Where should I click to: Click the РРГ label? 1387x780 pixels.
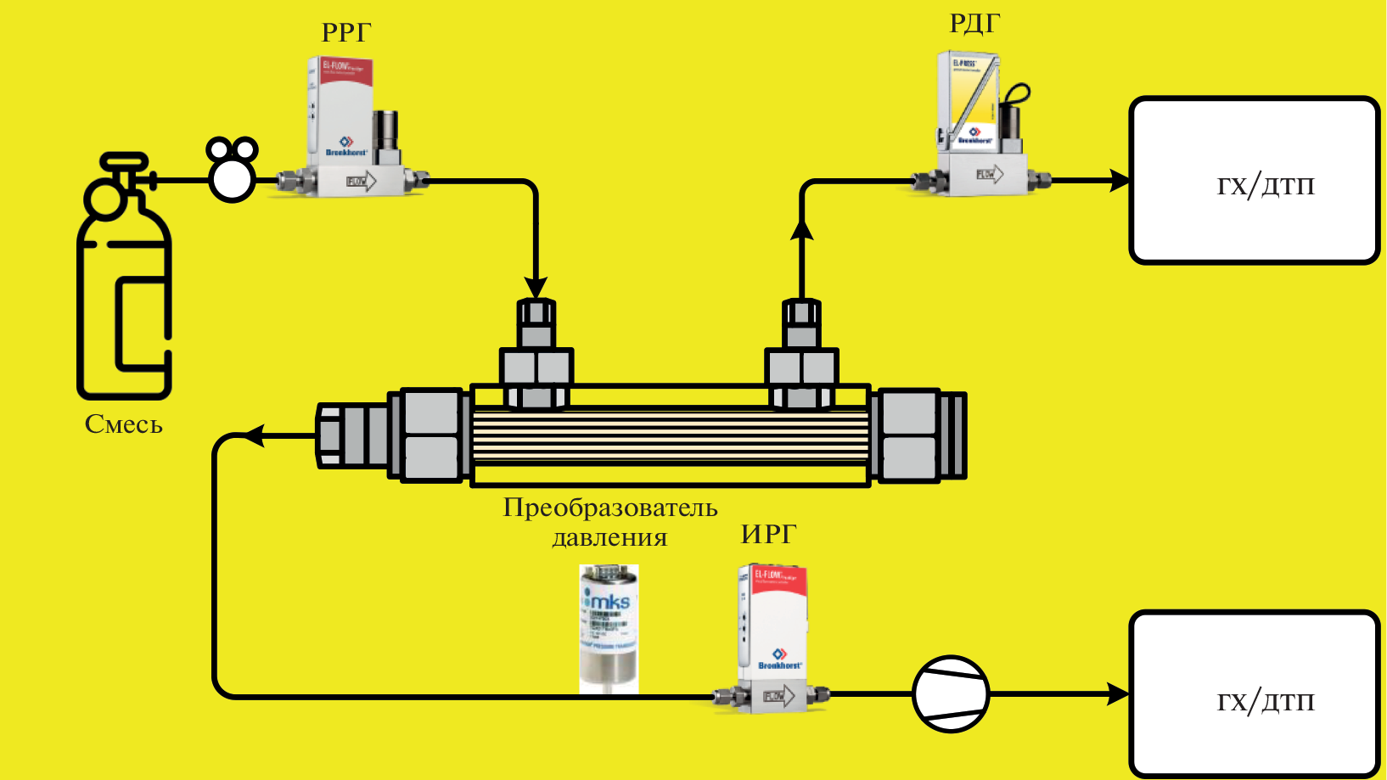click(346, 32)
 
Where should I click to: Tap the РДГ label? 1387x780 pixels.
click(974, 24)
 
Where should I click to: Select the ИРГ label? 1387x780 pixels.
click(768, 534)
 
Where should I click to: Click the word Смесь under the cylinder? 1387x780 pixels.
click(124, 424)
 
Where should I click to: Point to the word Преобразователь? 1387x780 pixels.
click(610, 508)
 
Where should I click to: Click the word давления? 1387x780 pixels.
click(609, 538)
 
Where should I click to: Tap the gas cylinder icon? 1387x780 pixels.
click(124, 280)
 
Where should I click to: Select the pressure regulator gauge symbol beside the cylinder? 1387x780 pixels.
click(232, 169)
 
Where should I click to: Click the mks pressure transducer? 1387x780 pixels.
click(609, 628)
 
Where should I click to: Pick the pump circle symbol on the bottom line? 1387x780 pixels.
click(951, 693)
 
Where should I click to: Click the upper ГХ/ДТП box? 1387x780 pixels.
click(1255, 181)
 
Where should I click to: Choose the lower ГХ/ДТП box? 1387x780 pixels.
click(1255, 694)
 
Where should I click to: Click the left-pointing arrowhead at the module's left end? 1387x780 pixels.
click(254, 436)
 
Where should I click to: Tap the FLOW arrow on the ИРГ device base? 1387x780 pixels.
click(779, 697)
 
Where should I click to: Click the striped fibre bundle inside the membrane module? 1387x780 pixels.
click(670, 436)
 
